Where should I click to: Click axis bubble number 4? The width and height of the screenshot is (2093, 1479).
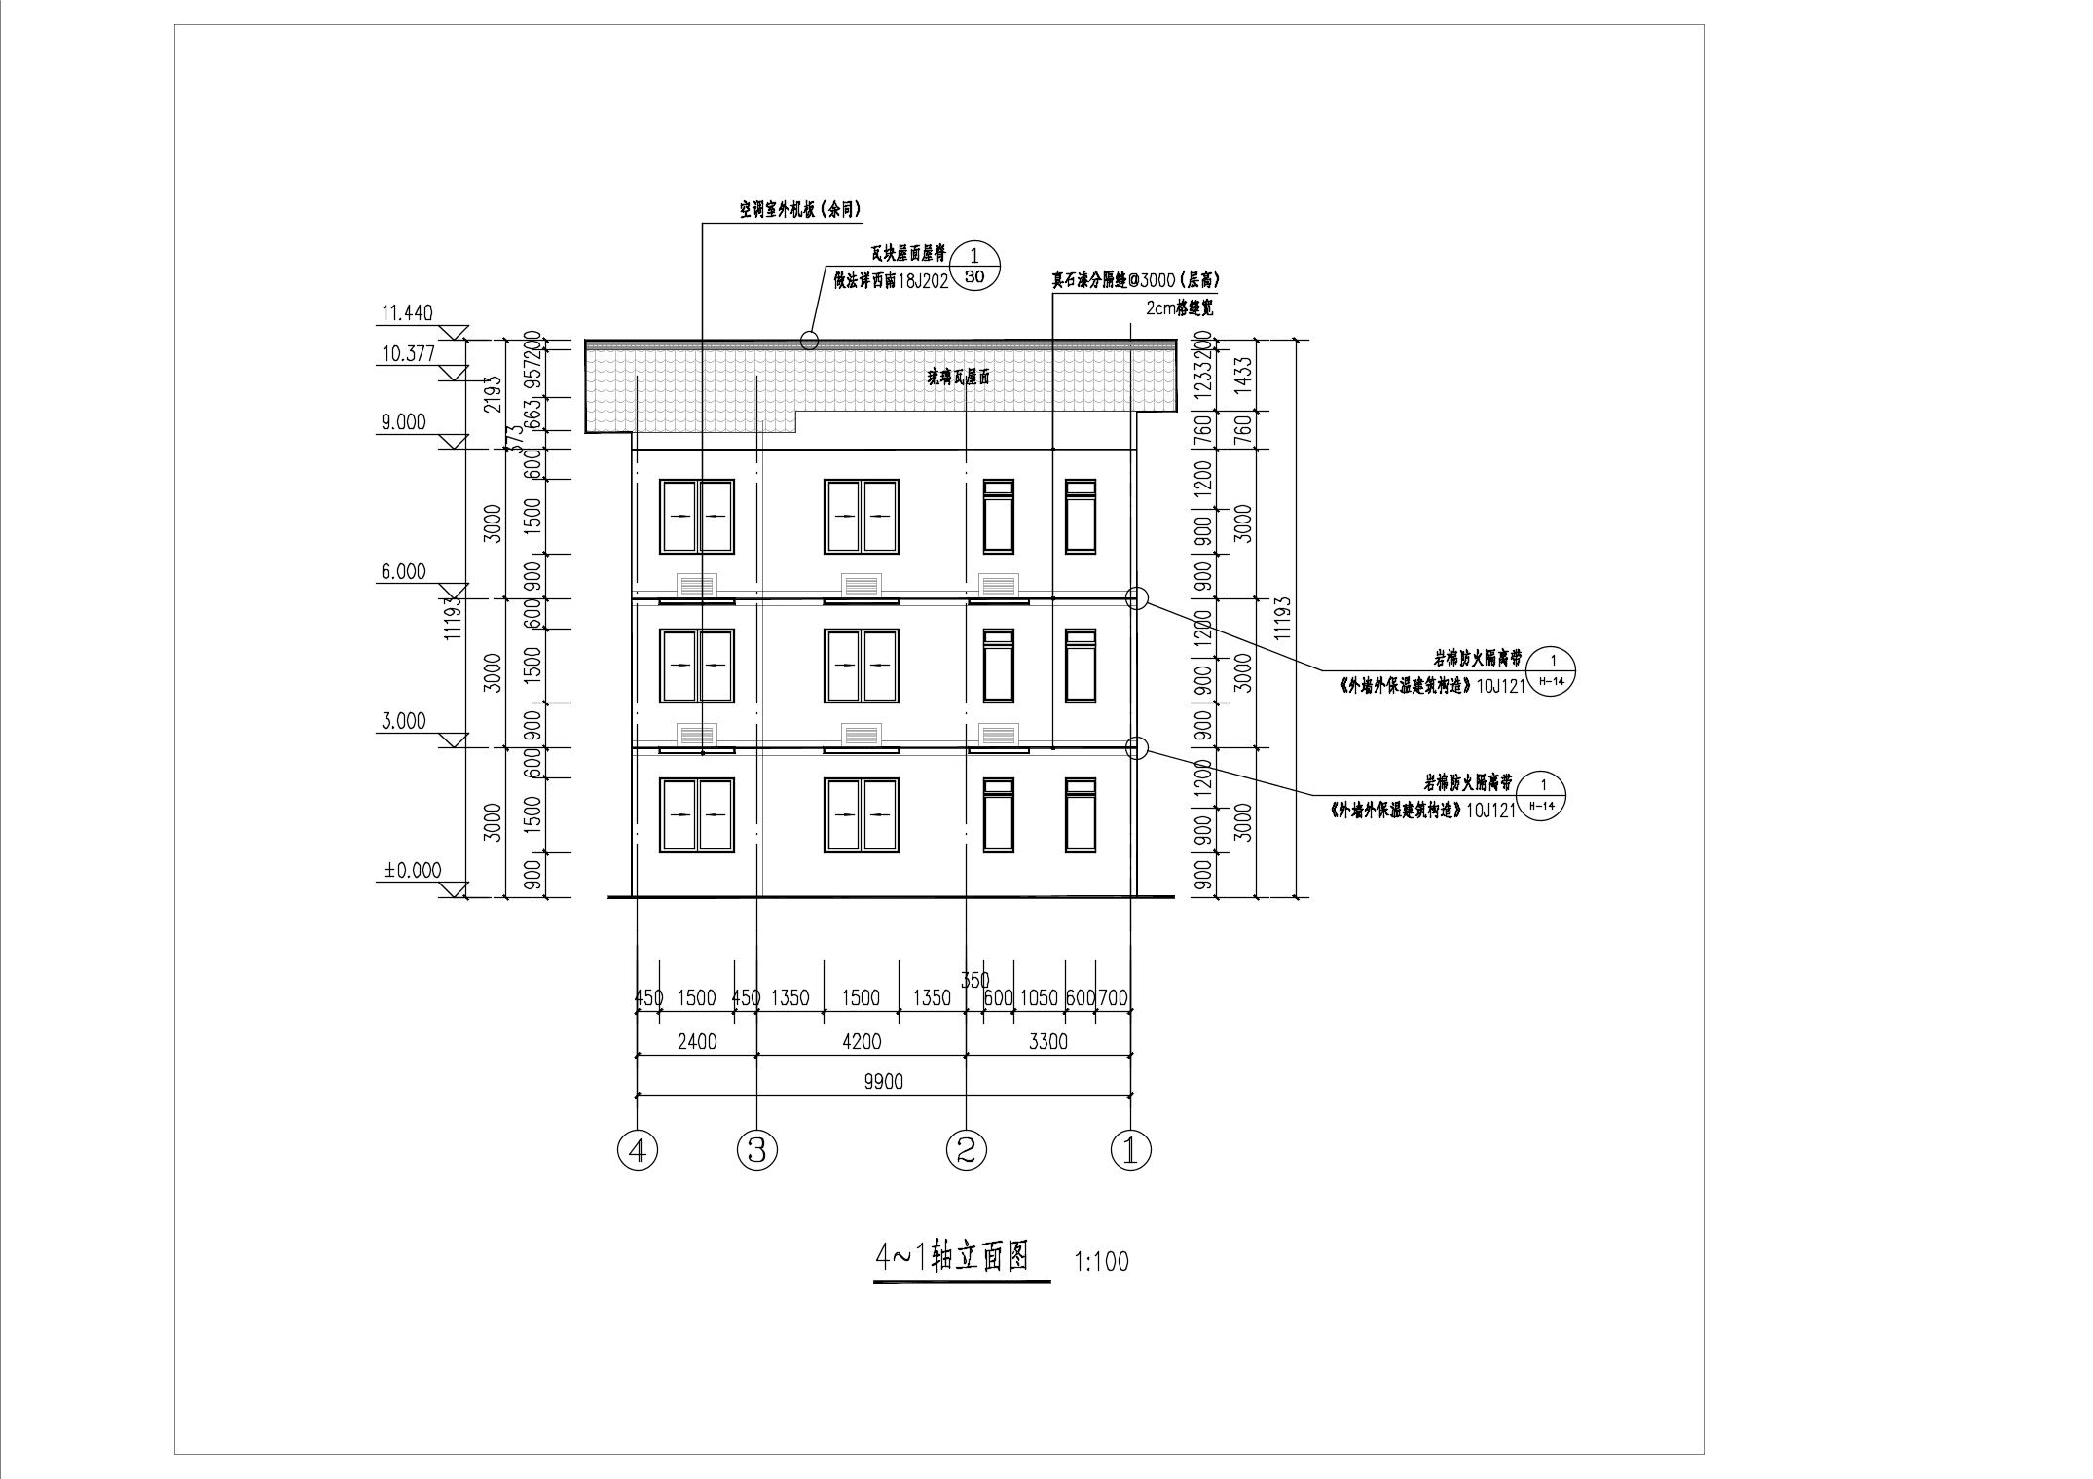[x=638, y=1151]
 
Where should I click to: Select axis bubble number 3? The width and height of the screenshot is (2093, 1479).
[x=757, y=1151]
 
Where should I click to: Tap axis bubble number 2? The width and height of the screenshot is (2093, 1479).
[x=966, y=1151]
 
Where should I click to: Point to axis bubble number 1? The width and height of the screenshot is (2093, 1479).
[x=1130, y=1151]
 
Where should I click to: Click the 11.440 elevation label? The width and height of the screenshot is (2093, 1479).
[x=407, y=313]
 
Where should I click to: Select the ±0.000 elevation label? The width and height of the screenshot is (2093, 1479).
[x=411, y=870]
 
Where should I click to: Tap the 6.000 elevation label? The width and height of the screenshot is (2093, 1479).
[x=403, y=571]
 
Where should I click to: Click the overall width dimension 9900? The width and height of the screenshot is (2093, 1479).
[x=882, y=1081]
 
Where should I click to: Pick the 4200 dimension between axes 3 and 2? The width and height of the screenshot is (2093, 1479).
[x=861, y=1042]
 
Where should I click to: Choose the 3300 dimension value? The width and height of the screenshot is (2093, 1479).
[x=1047, y=1042]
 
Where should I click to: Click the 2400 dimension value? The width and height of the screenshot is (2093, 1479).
[x=696, y=1042]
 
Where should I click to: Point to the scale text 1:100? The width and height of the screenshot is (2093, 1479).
[x=1101, y=1262]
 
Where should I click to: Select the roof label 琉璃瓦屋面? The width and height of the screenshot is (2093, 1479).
[x=958, y=379]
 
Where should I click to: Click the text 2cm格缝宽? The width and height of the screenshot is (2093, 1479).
[x=1180, y=308]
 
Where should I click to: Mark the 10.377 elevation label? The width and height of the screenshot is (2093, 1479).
[x=407, y=353]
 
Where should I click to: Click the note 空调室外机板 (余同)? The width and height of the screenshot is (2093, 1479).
[x=799, y=209]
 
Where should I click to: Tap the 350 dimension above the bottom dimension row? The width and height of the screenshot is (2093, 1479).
[x=974, y=980]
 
